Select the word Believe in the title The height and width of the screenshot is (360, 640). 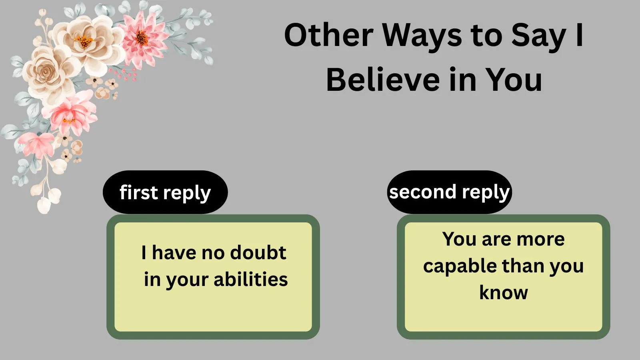tap(383, 80)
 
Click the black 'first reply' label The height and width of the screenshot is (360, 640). tap(165, 192)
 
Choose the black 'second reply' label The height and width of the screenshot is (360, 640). tap(450, 192)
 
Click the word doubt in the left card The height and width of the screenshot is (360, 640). tap(258, 253)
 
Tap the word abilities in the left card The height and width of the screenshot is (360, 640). tap(251, 279)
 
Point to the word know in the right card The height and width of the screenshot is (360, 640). tap(504, 293)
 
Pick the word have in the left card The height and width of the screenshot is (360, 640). tap(174, 253)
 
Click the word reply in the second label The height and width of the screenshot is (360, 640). tap(486, 192)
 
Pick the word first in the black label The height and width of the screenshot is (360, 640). tap(138, 192)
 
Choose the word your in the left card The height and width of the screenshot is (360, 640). tap(188, 280)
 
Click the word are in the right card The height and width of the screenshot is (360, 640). tap(496, 239)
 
